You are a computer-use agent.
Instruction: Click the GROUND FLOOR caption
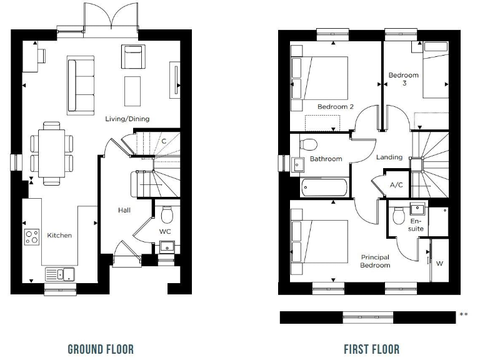point(100,349)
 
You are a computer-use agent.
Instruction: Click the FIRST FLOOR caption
point(371,349)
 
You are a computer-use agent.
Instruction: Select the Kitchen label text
point(59,236)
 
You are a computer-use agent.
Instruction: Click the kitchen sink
point(59,274)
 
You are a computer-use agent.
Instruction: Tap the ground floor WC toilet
point(166,216)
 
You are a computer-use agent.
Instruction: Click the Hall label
point(124,211)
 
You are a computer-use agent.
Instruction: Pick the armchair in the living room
point(132,57)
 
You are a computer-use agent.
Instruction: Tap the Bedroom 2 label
point(331,107)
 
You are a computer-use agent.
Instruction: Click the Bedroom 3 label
point(403,79)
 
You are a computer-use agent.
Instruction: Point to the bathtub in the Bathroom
point(324,187)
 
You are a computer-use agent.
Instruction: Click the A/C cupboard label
point(396,186)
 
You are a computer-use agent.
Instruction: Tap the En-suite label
point(416,225)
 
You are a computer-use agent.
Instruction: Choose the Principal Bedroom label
point(375,261)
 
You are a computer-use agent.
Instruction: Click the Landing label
point(389,157)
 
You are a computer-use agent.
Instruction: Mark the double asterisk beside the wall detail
point(463,315)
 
